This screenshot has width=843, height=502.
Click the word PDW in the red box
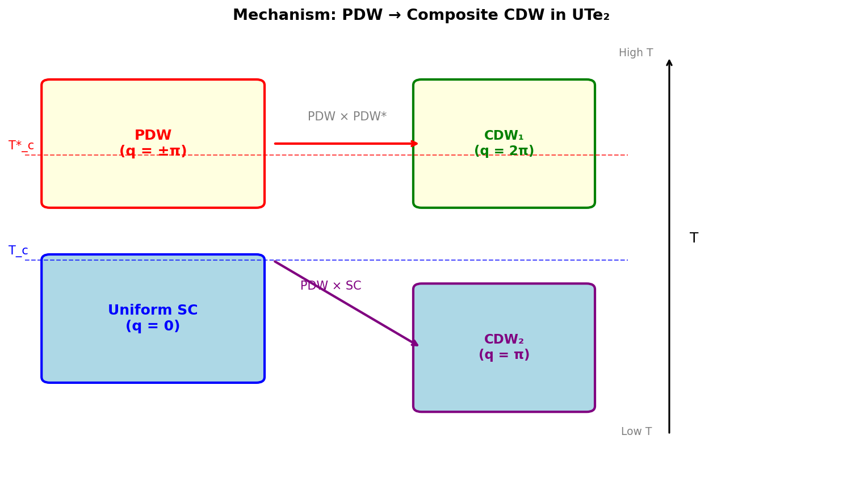153,136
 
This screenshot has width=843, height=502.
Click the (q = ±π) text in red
153,152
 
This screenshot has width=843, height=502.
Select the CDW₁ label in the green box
504,136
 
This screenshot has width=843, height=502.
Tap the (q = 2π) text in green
504,152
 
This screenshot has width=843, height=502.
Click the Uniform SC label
153,311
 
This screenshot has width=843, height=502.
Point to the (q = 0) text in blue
153,327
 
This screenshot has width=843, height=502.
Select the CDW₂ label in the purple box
504,340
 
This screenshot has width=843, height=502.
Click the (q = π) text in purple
504,355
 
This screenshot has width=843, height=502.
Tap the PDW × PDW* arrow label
347,117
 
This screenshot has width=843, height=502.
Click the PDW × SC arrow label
330,286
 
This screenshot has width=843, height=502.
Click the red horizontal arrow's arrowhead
415,144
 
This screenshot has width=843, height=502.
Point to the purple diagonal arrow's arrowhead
414,343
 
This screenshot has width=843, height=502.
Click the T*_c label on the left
21,146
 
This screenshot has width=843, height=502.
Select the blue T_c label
18,251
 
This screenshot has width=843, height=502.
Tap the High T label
635,53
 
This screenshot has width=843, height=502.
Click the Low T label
636,432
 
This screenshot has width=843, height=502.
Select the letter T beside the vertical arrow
693,239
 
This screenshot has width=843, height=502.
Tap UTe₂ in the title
590,15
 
